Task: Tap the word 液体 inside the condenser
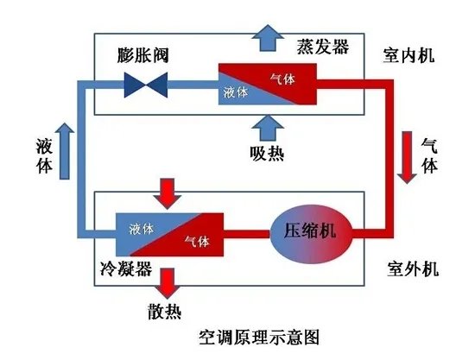tap(142, 228)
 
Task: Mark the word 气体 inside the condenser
tap(198, 241)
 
